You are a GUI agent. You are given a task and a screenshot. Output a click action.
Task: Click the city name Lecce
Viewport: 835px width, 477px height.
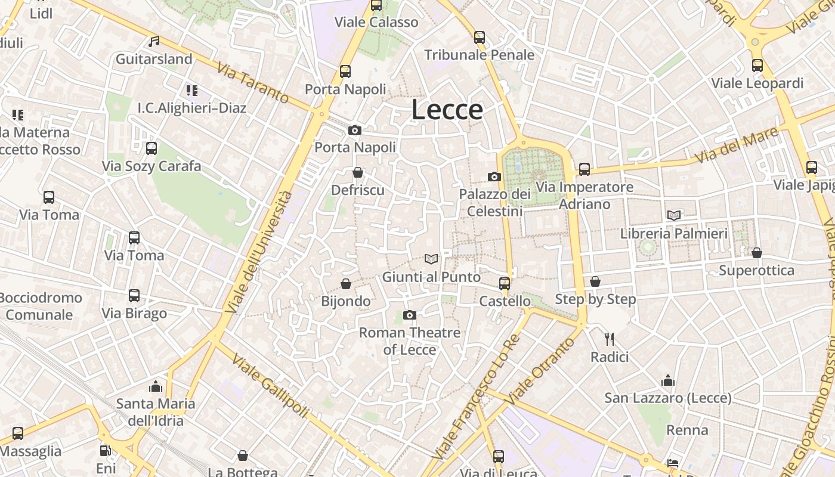[x=447, y=110]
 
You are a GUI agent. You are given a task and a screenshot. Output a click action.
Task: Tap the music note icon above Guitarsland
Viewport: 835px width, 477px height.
[x=154, y=42]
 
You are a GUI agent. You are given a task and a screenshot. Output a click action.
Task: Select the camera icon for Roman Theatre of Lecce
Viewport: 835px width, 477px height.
[x=409, y=315]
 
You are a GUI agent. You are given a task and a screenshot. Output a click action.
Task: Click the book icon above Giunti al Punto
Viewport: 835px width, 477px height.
[x=431, y=259]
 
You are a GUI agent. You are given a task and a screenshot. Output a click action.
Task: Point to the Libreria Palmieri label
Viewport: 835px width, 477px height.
[x=674, y=233]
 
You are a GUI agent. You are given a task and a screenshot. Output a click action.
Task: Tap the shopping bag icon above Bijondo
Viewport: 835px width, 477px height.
[x=346, y=283]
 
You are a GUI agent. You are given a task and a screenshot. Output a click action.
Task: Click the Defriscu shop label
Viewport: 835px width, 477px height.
[x=358, y=190]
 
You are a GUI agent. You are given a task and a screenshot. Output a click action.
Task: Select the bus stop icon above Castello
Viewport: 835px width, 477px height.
[x=505, y=283]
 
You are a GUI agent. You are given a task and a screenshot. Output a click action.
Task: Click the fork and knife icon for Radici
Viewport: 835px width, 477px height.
[x=610, y=339]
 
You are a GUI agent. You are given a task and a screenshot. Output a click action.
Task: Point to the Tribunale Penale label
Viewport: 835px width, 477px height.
[x=479, y=55]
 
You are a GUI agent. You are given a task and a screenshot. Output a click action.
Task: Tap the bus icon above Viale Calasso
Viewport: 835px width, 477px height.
[x=376, y=5]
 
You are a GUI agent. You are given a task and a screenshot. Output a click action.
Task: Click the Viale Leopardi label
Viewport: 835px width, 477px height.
[x=757, y=83]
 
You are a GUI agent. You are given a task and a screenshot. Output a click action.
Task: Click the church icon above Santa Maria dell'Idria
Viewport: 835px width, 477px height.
[x=156, y=386]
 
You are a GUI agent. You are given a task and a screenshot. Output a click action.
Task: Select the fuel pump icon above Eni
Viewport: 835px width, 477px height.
[x=106, y=451]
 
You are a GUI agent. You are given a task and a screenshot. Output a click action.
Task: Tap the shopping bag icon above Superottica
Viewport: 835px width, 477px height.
[x=757, y=253]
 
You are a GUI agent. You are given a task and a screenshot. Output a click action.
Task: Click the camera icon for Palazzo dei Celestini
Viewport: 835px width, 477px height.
[x=494, y=176]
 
